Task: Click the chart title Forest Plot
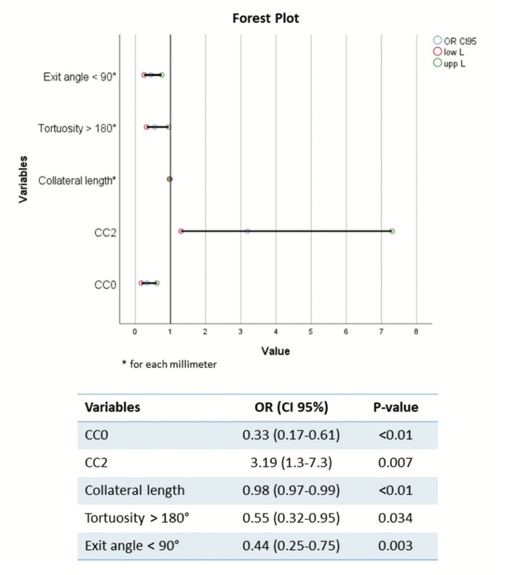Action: click(265, 19)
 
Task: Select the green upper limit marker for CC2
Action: click(392, 231)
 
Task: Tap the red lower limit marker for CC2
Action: click(181, 231)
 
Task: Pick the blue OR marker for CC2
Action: click(248, 231)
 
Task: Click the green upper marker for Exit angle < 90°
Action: click(162, 75)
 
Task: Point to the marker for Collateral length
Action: click(170, 179)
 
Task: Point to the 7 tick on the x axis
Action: click(381, 332)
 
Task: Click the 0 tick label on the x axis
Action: click(135, 332)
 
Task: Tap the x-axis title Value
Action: click(275, 351)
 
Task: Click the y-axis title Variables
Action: click(23, 179)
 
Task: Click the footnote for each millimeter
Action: click(170, 364)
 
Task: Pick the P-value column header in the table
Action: click(396, 408)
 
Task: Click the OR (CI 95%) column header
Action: click(291, 408)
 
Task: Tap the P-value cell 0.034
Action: click(395, 518)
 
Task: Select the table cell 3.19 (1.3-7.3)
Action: click(291, 463)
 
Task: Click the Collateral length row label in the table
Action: click(135, 491)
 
